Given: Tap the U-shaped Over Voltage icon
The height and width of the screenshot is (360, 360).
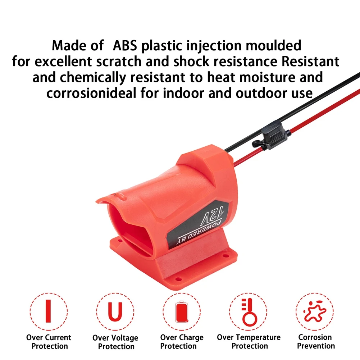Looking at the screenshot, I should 115,311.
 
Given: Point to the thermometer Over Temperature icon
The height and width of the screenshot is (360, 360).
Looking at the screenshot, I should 248,311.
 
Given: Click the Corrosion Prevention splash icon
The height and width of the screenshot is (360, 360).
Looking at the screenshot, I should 314,311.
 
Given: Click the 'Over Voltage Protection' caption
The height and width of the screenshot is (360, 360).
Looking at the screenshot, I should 115,342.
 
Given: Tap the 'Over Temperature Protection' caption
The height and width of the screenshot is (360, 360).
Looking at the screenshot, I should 249,342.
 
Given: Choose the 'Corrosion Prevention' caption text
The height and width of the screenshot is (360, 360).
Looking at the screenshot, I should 315,342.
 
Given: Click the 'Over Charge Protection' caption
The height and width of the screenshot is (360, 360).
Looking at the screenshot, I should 182,342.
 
